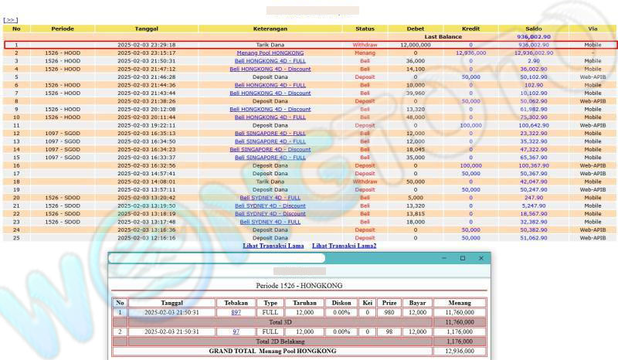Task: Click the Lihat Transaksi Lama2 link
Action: point(345,246)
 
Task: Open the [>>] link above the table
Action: point(11,20)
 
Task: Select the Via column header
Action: point(593,29)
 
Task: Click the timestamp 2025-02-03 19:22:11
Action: point(147,124)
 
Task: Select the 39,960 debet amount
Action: point(416,92)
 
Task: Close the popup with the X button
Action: point(480,257)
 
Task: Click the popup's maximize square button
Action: point(462,257)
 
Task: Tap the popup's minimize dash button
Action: point(444,257)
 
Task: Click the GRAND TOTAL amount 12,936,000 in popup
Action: point(459,351)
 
